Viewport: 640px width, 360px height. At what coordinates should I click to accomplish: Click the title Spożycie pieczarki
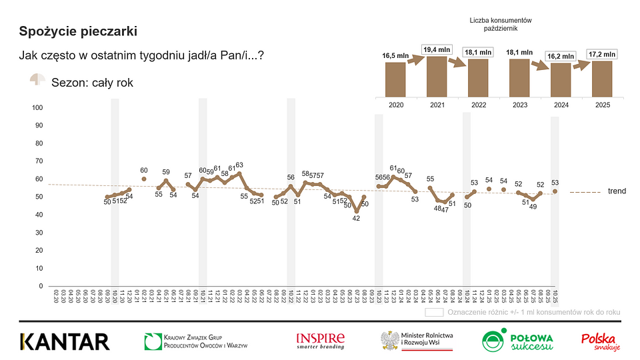(79, 31)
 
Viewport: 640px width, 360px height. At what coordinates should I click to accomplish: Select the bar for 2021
(436, 77)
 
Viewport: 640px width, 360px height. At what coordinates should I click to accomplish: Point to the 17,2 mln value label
(601, 53)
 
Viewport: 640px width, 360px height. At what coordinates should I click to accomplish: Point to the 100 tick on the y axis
(37, 108)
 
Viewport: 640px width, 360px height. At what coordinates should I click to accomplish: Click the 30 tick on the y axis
(39, 233)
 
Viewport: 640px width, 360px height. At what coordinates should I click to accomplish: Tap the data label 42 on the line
(357, 218)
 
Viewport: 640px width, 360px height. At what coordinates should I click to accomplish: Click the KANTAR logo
(65, 341)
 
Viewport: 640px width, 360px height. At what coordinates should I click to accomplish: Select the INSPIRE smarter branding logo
(321, 341)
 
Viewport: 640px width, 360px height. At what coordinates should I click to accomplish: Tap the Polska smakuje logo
(601, 341)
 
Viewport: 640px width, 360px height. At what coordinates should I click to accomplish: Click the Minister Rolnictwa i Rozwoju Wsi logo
(417, 341)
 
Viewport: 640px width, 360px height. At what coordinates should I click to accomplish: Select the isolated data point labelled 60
(144, 179)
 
